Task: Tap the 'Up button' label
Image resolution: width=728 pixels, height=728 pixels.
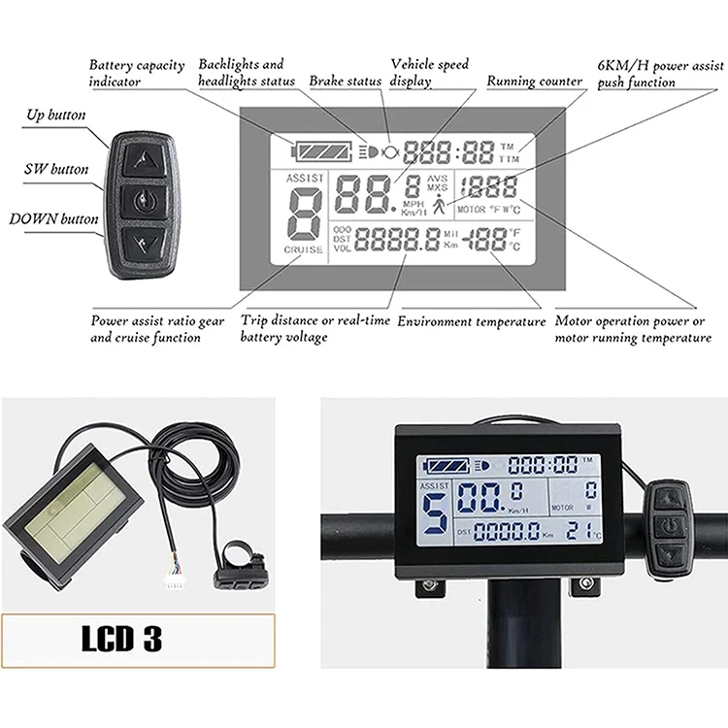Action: (54, 116)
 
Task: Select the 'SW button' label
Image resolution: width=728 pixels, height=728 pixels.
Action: (55, 170)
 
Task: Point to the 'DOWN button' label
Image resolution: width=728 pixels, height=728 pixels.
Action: (53, 219)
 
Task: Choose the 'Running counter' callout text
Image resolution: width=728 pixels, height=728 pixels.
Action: (534, 82)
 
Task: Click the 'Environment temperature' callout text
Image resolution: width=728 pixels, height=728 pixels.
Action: (472, 321)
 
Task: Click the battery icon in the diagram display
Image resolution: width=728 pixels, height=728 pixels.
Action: (323, 150)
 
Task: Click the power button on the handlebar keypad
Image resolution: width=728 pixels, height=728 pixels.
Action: (669, 526)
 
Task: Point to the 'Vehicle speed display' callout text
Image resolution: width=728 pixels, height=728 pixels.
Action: (429, 73)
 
